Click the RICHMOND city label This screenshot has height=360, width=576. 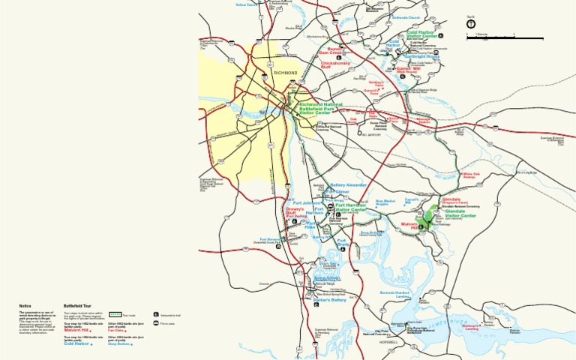tap(286, 73)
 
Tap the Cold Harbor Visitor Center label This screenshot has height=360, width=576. tap(422, 34)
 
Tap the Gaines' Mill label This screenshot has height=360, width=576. tap(407, 70)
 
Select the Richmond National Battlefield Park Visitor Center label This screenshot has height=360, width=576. tap(322, 109)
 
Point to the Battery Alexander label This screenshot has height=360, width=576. tap(348, 184)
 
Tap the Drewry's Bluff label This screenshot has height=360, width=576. tap(295, 211)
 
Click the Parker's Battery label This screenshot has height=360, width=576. tap(330, 300)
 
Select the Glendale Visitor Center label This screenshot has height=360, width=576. tap(460, 214)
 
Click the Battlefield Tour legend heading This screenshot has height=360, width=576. tap(77, 306)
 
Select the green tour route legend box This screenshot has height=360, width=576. tap(115, 314)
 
